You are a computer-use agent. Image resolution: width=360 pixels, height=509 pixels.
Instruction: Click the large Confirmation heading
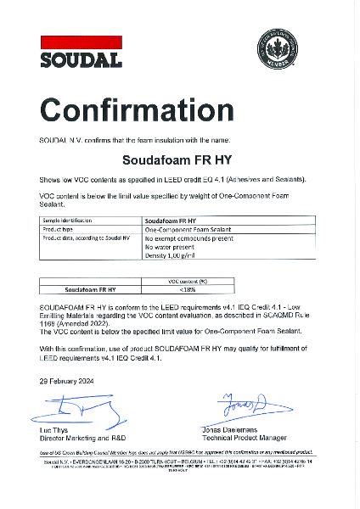(x=136, y=109)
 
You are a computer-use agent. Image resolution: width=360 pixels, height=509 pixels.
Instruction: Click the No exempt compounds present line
(x=188, y=238)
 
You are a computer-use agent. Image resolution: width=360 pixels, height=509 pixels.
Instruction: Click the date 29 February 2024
(x=67, y=381)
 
